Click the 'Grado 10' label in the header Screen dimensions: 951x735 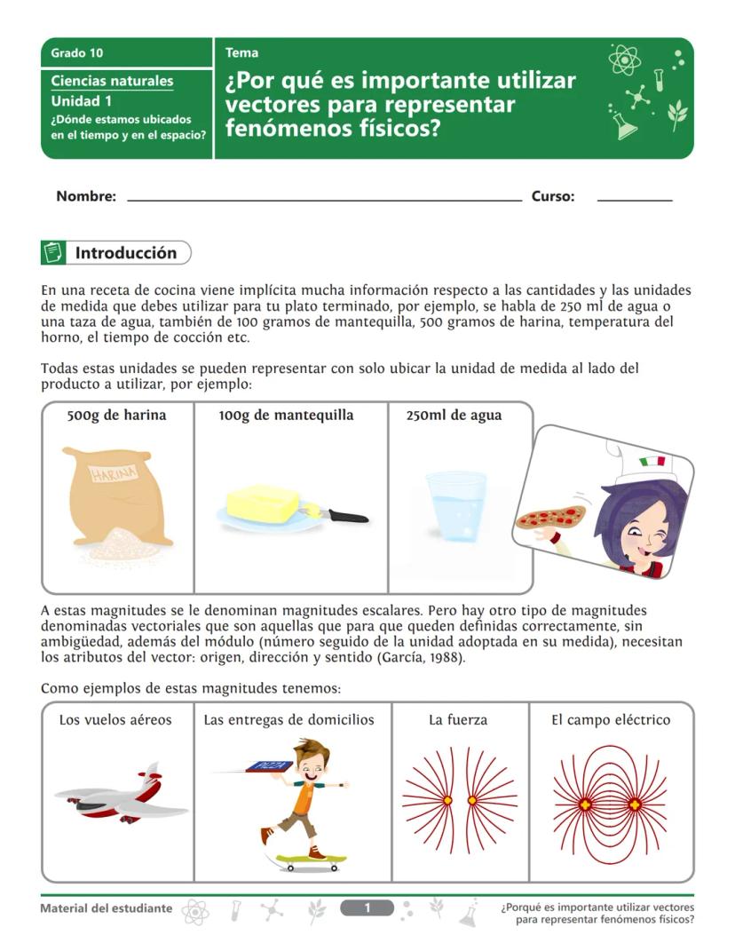pos(76,53)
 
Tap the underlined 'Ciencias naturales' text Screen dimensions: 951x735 pos(112,81)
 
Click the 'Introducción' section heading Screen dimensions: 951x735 pos(126,253)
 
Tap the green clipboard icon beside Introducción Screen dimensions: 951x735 pos(53,253)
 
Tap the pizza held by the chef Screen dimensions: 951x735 pos(550,516)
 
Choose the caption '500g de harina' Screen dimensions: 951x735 pos(116,415)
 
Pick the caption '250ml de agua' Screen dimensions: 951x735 pos(454,415)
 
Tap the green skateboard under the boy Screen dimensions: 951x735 pos(306,861)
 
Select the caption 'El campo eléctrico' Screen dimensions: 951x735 pos(611,719)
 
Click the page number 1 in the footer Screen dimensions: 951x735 pos(367,907)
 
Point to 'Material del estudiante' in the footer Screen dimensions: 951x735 pos(107,908)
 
